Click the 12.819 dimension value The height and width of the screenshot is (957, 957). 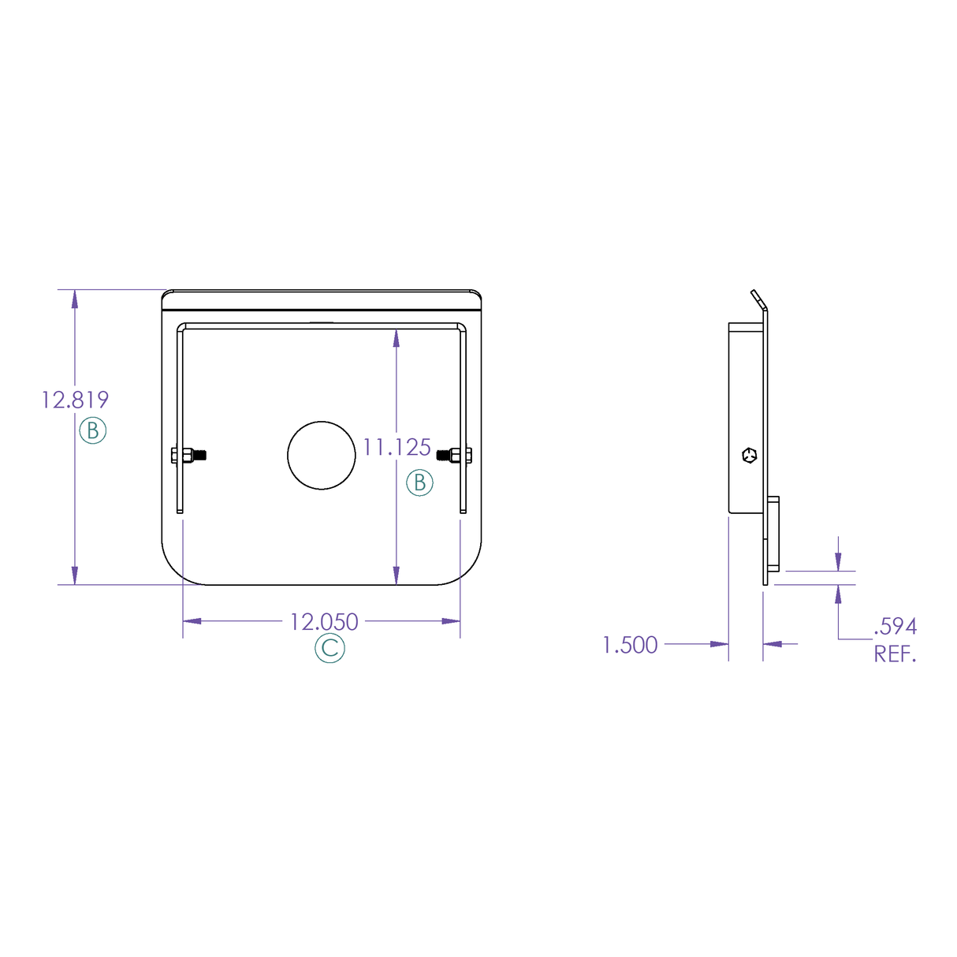coord(75,400)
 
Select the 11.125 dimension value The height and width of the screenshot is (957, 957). coord(397,448)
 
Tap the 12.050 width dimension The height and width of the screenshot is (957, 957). coord(324,622)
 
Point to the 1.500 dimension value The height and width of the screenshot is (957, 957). coord(630,645)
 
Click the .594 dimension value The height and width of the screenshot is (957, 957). coord(896,627)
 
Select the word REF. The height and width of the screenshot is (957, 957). coord(896,654)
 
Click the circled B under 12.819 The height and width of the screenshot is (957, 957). coord(93,430)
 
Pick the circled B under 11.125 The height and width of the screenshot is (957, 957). coord(419,482)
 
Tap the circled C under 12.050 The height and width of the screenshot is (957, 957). coord(330,649)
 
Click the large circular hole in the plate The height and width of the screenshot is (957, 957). coord(321,455)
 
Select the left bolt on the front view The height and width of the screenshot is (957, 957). coord(188,455)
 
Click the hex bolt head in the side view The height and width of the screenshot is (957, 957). coord(749,455)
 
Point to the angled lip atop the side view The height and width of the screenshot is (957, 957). coord(758,299)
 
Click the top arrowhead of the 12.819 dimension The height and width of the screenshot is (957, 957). coord(75,299)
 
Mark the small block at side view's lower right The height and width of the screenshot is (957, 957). coord(773,533)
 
